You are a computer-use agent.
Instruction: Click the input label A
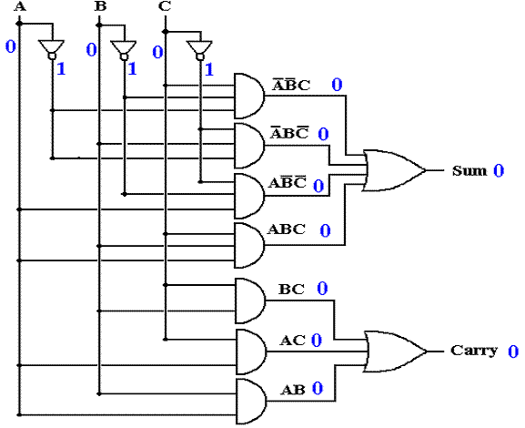(x=20, y=6)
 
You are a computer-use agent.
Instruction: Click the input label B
(x=100, y=6)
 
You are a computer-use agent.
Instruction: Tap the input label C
(x=165, y=6)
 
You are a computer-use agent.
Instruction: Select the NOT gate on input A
(x=52, y=49)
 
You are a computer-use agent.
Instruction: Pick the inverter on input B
(x=124, y=50)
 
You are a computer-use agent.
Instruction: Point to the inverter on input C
(x=199, y=50)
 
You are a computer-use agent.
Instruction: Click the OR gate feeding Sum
(x=394, y=170)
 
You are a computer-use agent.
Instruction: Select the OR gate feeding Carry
(x=396, y=352)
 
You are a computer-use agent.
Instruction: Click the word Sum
(x=469, y=170)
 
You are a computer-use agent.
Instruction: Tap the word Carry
(x=474, y=351)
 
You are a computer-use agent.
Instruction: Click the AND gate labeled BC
(x=250, y=301)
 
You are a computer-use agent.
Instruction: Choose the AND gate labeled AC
(x=251, y=352)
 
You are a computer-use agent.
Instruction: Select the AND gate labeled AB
(x=251, y=402)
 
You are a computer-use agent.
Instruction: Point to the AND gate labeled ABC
(x=249, y=246)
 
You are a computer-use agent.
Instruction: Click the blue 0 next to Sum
(x=499, y=171)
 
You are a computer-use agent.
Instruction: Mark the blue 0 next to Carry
(x=513, y=352)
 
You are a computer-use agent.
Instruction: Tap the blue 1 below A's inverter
(x=61, y=69)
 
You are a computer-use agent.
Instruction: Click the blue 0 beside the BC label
(x=322, y=289)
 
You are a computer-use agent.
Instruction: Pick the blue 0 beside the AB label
(x=318, y=388)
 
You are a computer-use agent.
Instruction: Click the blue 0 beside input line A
(x=11, y=46)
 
